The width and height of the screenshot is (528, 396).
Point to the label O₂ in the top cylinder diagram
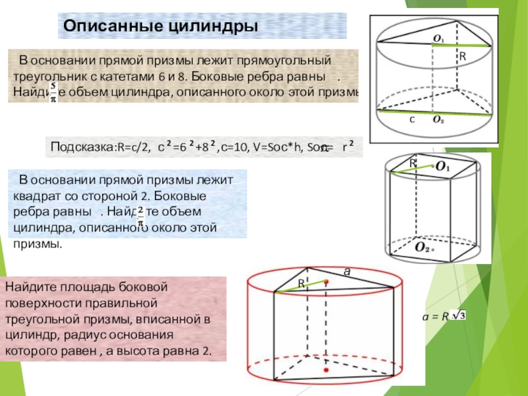(438, 120)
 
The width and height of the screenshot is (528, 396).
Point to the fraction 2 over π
(141, 212)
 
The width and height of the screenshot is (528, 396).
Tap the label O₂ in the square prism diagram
(422, 247)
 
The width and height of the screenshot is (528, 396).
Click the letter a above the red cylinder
(345, 271)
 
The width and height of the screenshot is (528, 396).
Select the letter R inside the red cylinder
(300, 282)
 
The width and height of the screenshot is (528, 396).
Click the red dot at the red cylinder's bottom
(325, 371)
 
